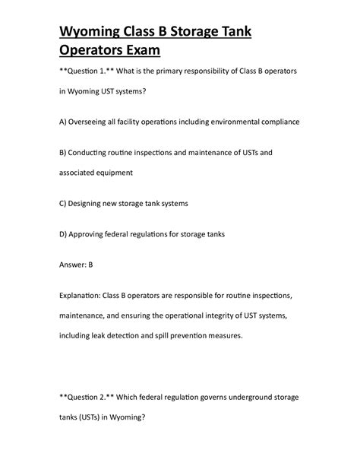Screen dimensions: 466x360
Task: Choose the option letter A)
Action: click(x=63, y=122)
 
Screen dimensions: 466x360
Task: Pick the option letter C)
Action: click(x=63, y=203)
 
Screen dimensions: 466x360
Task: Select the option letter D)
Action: click(x=63, y=233)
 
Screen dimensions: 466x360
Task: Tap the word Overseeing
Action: click(x=93, y=122)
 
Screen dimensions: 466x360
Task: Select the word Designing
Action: click(x=90, y=203)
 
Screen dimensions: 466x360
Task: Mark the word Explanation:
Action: click(x=84, y=293)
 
